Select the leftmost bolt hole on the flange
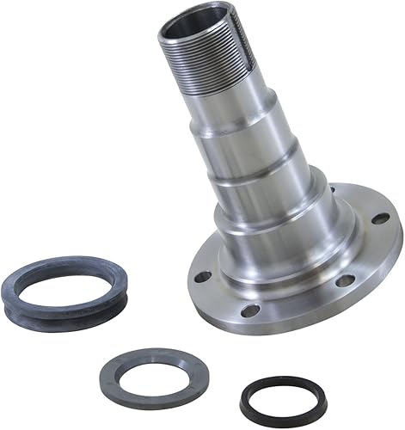point(202,277)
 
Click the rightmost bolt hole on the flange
point(379,218)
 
